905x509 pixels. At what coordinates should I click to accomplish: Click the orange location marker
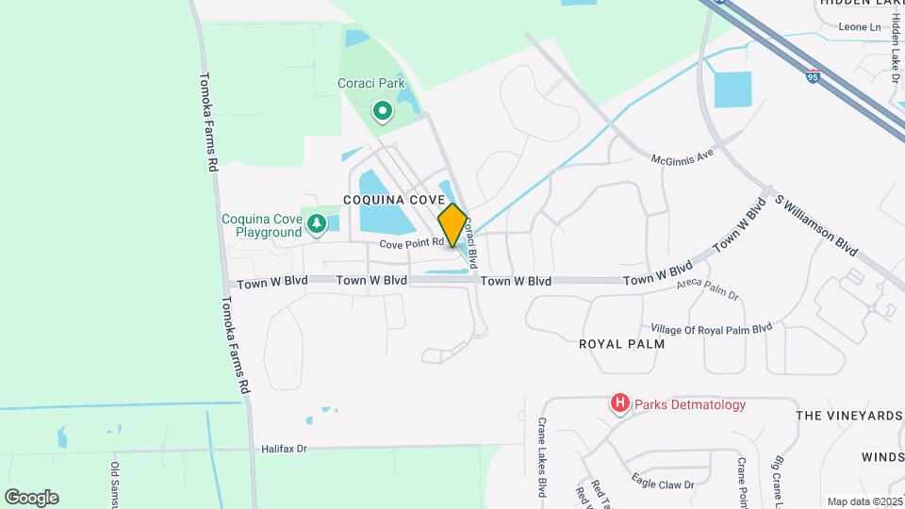point(452,225)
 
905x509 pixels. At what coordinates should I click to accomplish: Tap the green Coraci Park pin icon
point(382,112)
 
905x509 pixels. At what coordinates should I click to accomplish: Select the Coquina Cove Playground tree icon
point(317,223)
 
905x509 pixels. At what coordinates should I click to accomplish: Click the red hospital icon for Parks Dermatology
point(619,404)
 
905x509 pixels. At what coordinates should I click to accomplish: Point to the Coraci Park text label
point(371,83)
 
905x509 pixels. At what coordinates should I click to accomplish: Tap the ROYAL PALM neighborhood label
point(621,344)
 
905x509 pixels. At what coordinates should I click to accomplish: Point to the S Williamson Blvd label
point(816,225)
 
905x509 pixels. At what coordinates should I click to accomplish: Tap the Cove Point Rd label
point(412,243)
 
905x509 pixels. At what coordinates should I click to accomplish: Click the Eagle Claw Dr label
point(663,484)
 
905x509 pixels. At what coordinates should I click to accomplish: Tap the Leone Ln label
point(859,26)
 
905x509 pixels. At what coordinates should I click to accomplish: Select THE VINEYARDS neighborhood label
point(848,415)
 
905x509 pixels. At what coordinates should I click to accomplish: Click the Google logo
point(31,497)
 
